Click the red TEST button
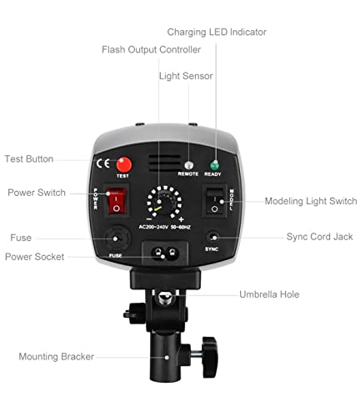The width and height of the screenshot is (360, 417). point(124,164)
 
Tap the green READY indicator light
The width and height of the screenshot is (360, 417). point(214,165)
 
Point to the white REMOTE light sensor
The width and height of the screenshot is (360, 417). point(189,165)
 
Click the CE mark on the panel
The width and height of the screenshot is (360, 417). point(105,164)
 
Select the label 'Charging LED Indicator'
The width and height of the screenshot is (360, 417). point(217,32)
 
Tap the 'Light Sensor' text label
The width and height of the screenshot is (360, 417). point(186,76)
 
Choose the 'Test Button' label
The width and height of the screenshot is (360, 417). point(28,159)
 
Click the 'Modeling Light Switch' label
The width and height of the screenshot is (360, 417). point(311,201)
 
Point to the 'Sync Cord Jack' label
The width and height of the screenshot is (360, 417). point(319,237)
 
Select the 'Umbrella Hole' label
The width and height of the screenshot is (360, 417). point(269,295)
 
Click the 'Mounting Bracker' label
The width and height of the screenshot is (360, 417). point(57,357)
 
